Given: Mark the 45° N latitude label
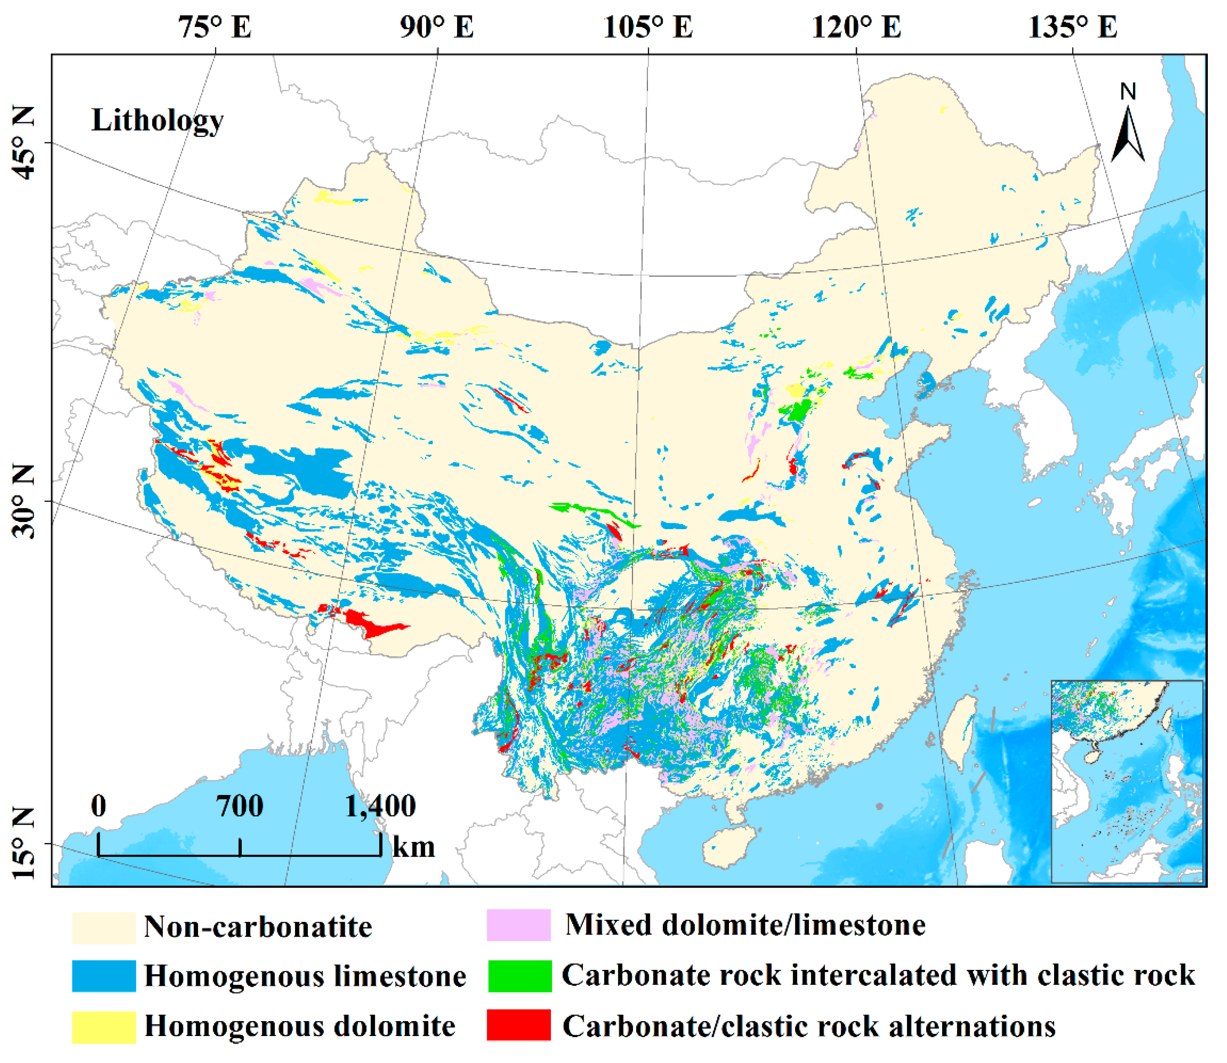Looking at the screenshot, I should point(24,143).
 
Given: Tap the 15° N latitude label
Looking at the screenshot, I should point(24,843).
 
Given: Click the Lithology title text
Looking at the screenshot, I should point(157,121).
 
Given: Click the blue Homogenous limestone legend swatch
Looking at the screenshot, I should point(104,976).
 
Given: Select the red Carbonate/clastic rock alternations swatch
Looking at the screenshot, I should point(518,1026).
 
